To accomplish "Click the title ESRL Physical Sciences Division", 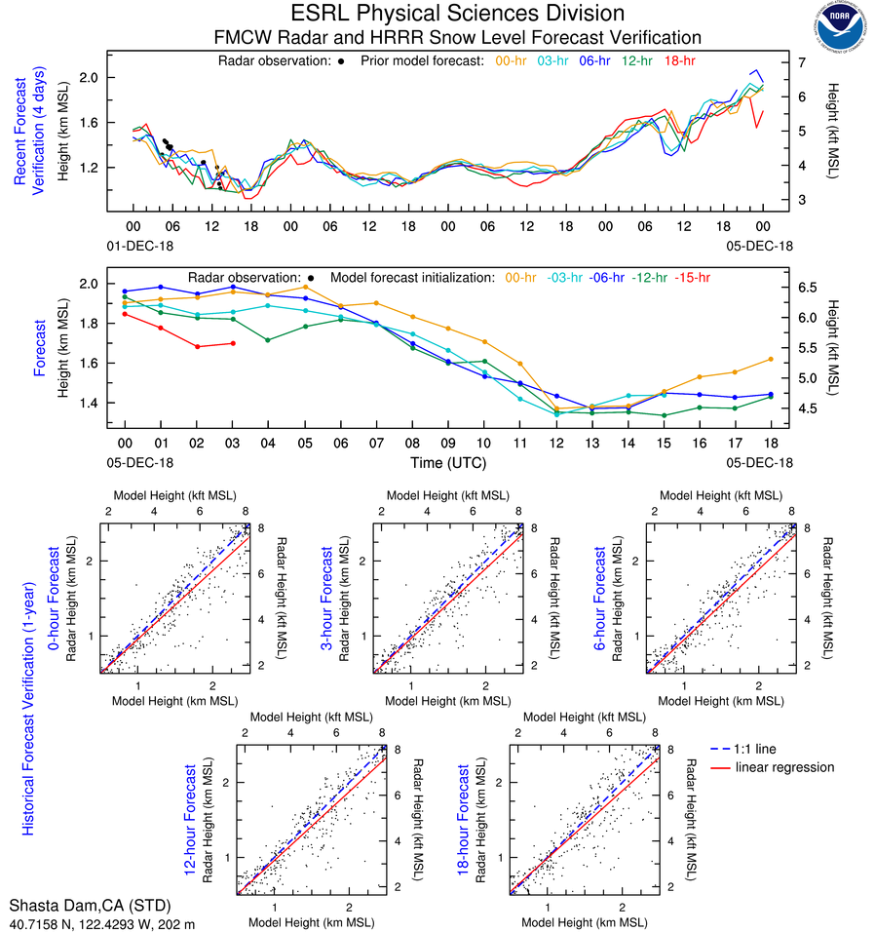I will [458, 14].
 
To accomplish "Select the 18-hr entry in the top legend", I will [678, 60].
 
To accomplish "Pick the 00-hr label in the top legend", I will [513, 60].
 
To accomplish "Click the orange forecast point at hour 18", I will [771, 359].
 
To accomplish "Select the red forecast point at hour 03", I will [233, 343].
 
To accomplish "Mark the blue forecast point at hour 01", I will [161, 287].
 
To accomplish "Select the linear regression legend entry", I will [785, 767].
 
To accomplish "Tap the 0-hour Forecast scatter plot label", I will [57, 604].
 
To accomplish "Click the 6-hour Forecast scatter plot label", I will [602, 604].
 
